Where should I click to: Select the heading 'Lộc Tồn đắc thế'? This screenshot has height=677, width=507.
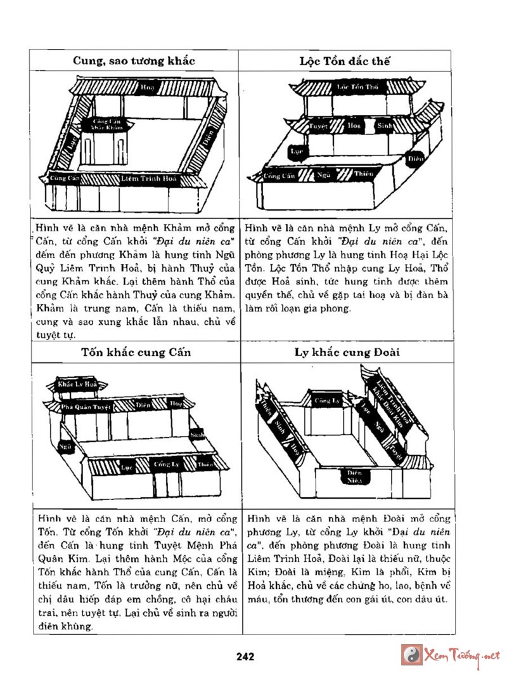345,61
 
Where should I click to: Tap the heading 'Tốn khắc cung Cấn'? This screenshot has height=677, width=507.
136,352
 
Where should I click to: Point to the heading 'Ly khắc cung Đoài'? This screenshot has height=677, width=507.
347,352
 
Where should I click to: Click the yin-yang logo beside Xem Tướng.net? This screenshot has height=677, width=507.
411,655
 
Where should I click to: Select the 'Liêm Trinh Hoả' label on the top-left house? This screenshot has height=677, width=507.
150,180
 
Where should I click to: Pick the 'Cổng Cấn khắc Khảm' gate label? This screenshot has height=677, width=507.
107,124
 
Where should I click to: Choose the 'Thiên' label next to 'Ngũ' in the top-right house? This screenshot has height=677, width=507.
363,173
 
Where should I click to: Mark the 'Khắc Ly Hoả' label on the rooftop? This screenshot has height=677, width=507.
77,385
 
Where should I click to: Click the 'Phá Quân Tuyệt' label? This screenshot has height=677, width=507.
86,407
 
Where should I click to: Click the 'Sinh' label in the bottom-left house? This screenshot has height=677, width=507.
197,435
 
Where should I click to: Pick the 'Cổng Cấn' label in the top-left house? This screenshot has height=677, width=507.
65,178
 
